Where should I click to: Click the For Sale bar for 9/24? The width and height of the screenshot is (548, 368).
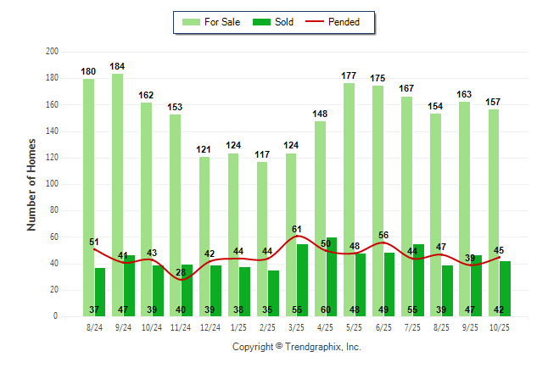tap(117, 194)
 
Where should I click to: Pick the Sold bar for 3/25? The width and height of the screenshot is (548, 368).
tap(303, 280)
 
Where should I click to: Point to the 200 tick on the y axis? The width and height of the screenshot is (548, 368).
tap(52, 52)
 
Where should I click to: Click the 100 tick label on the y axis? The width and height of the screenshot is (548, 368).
tap(52, 184)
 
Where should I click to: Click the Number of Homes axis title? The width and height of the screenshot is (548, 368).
tap(31, 184)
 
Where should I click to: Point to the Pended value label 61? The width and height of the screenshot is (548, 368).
tap(297, 229)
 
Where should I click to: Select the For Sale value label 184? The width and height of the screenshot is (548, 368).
tap(117, 66)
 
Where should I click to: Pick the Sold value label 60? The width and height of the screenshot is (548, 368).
tap(326, 310)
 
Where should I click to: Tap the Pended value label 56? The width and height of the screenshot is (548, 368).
tap(383, 236)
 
